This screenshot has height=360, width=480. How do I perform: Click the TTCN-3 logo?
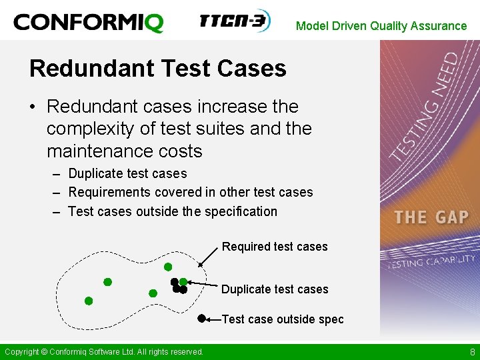click(x=235, y=21)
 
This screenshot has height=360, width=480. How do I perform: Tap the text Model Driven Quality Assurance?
click(x=381, y=26)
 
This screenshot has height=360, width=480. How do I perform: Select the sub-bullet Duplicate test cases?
click(x=127, y=173)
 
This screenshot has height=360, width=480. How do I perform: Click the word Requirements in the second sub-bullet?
click(x=109, y=192)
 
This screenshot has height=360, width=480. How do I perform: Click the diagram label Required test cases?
click(x=275, y=247)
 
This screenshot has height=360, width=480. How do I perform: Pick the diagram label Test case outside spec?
click(x=283, y=319)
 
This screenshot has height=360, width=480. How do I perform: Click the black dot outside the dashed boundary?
click(x=201, y=319)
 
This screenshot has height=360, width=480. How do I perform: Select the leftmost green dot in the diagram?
click(x=89, y=301)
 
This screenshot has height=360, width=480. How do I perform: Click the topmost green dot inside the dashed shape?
click(x=168, y=267)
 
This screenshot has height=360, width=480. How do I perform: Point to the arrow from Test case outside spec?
click(x=213, y=319)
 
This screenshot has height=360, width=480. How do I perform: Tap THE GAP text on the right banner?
click(x=431, y=217)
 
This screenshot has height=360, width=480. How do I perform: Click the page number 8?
click(x=472, y=352)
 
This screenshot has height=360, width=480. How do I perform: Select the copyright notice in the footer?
click(x=104, y=352)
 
